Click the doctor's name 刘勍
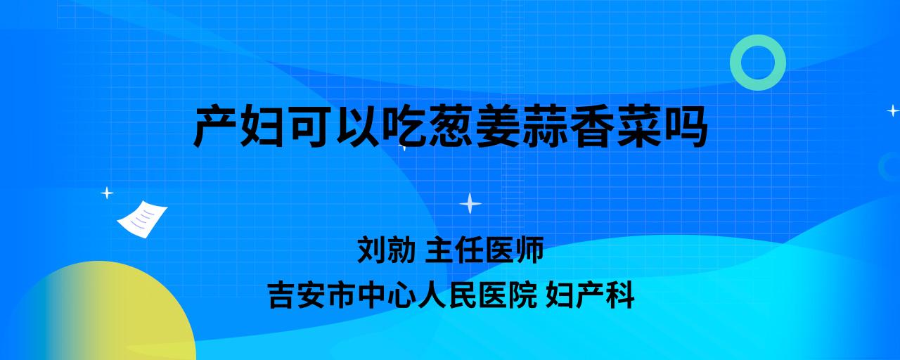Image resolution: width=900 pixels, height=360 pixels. (x=386, y=250)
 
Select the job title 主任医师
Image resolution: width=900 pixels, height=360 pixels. (x=484, y=250)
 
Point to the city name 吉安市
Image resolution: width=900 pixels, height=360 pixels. (x=311, y=295)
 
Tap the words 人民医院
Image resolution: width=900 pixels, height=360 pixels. (x=477, y=295)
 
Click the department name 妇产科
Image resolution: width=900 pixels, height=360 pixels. (x=590, y=295)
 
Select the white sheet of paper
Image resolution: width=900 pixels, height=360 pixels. (x=142, y=219)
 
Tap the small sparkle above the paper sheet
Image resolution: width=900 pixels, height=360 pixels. (x=107, y=193)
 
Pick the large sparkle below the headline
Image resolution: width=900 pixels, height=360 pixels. (x=470, y=203)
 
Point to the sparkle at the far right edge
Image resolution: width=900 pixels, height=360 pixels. (x=893, y=110)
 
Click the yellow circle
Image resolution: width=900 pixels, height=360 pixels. (x=101, y=314)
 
